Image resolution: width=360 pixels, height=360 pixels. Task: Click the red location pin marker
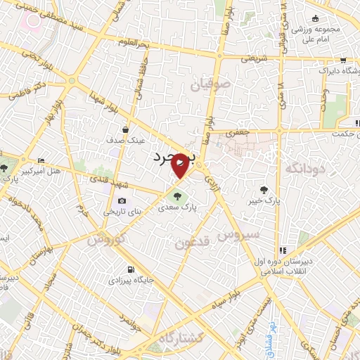pyautogui.click(x=180, y=166)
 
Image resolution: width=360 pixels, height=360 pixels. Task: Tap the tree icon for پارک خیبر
pyautogui.click(x=264, y=189)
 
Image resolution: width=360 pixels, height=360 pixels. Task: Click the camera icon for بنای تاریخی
pyautogui.click(x=122, y=200)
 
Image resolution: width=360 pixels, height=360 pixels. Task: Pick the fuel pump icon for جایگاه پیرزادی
pyautogui.click(x=131, y=270)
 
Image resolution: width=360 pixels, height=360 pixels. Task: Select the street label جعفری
pyautogui.click(x=240, y=131)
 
